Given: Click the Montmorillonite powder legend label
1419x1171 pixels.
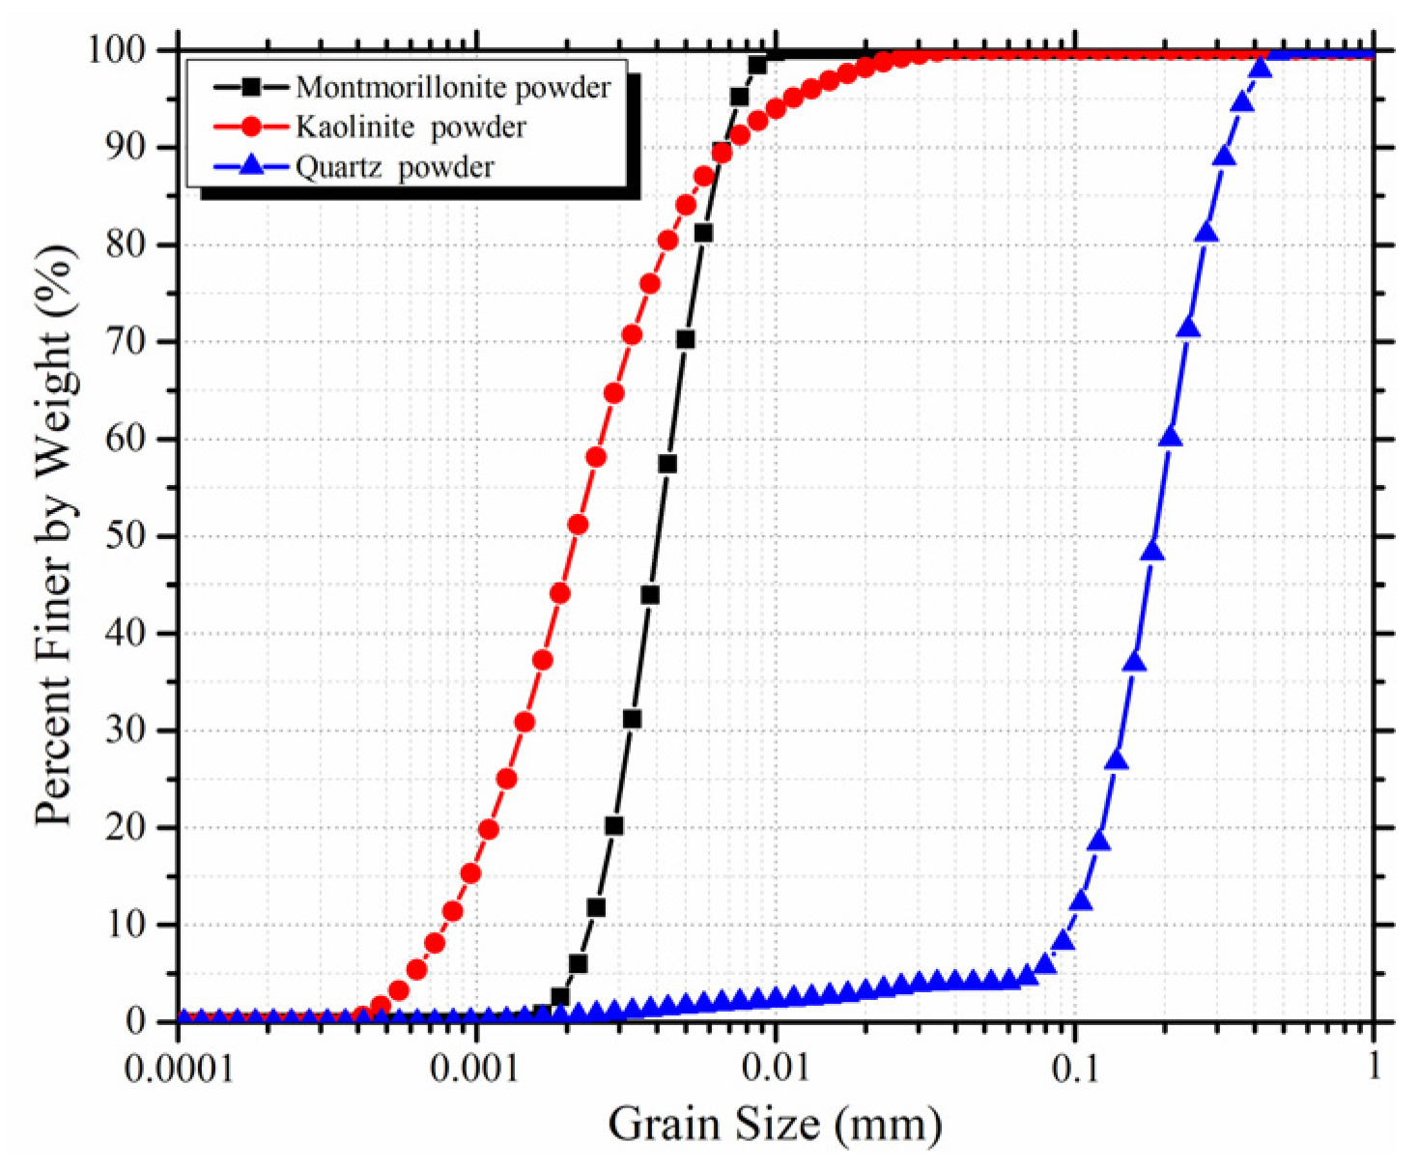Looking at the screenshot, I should [453, 87].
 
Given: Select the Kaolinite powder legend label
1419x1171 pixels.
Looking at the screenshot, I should [411, 127].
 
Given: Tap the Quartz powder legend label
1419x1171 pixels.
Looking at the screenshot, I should [394, 167].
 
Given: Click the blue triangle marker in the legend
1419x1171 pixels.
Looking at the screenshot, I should [251, 166].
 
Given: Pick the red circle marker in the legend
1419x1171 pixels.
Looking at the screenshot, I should [251, 127].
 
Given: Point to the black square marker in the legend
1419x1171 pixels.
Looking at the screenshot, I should [251, 87].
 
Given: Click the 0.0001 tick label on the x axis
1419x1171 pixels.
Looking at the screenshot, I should [179, 1070].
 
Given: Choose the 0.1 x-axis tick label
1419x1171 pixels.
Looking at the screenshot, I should [1074, 1070].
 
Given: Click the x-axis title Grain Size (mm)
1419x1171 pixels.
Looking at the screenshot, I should [775, 1124].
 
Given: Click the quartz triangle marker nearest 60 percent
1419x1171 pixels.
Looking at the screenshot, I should [1171, 437].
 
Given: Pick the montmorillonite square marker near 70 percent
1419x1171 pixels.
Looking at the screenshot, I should [685, 339].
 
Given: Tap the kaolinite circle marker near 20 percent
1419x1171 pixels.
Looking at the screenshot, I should [489, 829].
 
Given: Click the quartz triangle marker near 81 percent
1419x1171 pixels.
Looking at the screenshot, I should [1206, 233].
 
